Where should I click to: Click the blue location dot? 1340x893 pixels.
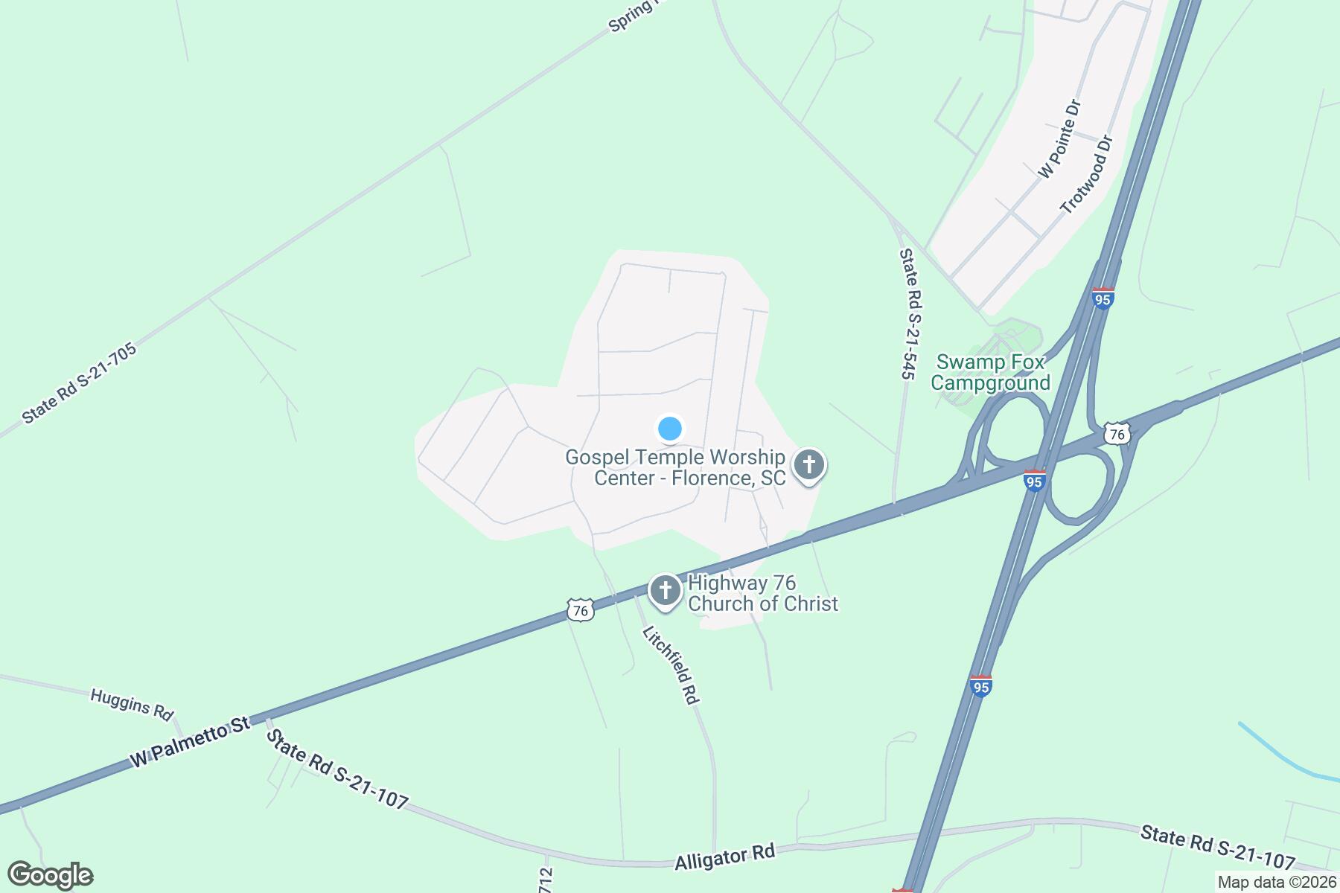[x=670, y=429]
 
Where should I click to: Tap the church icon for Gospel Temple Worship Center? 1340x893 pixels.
[x=809, y=467]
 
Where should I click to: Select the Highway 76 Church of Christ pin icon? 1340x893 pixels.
[x=665, y=592]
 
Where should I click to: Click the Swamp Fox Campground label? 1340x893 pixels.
[x=990, y=373]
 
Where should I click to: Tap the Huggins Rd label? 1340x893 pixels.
[x=131, y=703]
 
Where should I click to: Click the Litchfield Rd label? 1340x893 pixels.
[x=671, y=665]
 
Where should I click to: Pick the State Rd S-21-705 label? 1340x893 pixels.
[x=80, y=383]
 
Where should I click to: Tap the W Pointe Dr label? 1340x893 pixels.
[x=1059, y=139]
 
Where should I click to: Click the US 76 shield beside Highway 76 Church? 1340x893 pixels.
[x=579, y=610]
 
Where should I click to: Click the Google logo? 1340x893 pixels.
[x=50, y=875]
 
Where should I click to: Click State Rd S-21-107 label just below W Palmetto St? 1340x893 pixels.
[x=337, y=769]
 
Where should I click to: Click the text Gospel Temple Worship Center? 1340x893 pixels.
[x=675, y=467]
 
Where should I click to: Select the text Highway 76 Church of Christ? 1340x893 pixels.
[x=762, y=593]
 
